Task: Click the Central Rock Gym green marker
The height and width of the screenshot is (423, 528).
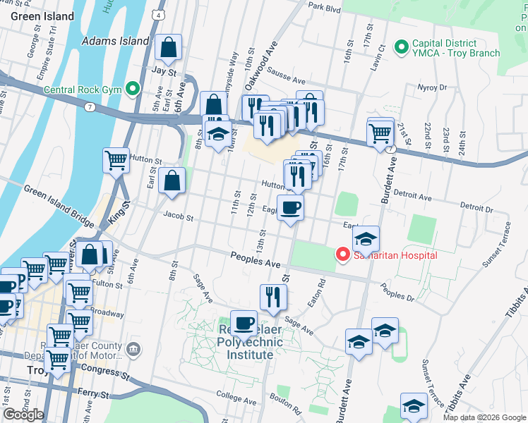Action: pyautogui.click(x=132, y=89)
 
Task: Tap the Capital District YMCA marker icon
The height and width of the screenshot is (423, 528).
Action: pyautogui.click(x=402, y=47)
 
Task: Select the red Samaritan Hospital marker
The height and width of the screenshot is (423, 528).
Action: pyautogui.click(x=343, y=254)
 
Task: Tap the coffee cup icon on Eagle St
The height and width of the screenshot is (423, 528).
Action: pyautogui.click(x=290, y=207)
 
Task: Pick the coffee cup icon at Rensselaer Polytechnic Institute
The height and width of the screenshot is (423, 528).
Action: pyautogui.click(x=244, y=323)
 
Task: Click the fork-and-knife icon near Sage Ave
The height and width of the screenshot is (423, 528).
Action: pyautogui.click(x=272, y=297)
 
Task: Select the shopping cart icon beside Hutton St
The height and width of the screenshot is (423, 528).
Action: pyautogui.click(x=116, y=159)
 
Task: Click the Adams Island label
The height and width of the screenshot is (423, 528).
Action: pyautogui.click(x=116, y=42)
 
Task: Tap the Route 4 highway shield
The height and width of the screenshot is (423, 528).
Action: pyautogui.click(x=160, y=15)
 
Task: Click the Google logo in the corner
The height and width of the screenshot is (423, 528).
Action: pyautogui.click(x=23, y=415)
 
